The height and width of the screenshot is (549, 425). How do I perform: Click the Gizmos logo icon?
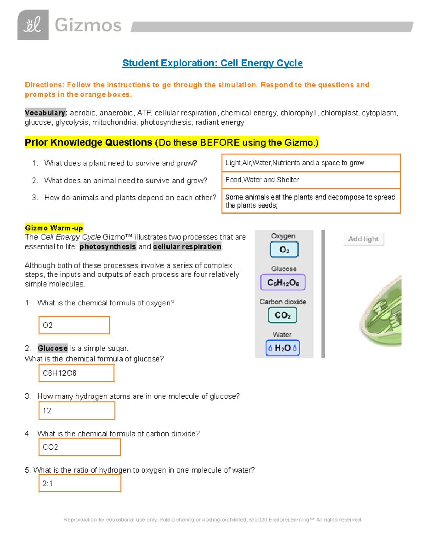coord(33,25)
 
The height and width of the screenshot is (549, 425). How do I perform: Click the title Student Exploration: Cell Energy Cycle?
coord(212,63)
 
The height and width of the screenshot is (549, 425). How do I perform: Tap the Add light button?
coord(363,239)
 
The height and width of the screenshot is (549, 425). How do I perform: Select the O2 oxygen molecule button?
coord(284,250)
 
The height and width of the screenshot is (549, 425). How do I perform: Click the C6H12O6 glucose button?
coord(283,282)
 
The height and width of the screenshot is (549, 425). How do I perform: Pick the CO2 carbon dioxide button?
coord(283,315)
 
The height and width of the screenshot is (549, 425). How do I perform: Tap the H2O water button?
coord(283,348)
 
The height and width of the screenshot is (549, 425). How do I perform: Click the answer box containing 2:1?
coord(80,483)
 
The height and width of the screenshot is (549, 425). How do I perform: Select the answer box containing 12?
coord(77,410)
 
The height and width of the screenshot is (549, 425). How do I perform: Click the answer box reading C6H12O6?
coord(76,373)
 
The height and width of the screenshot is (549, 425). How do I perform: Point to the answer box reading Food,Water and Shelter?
coord(311,180)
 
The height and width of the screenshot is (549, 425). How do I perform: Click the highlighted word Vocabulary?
coord(46,113)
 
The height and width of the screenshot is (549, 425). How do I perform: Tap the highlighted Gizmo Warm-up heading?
coord(54,228)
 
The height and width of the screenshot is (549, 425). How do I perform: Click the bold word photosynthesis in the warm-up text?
coord(107,246)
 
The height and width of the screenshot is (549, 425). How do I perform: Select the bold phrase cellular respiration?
coord(187,246)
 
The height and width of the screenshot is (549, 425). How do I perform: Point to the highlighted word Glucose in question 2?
coord(52,348)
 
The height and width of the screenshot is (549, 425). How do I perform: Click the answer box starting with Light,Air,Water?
coord(311,163)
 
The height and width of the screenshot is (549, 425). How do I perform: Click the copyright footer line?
coord(212,520)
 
